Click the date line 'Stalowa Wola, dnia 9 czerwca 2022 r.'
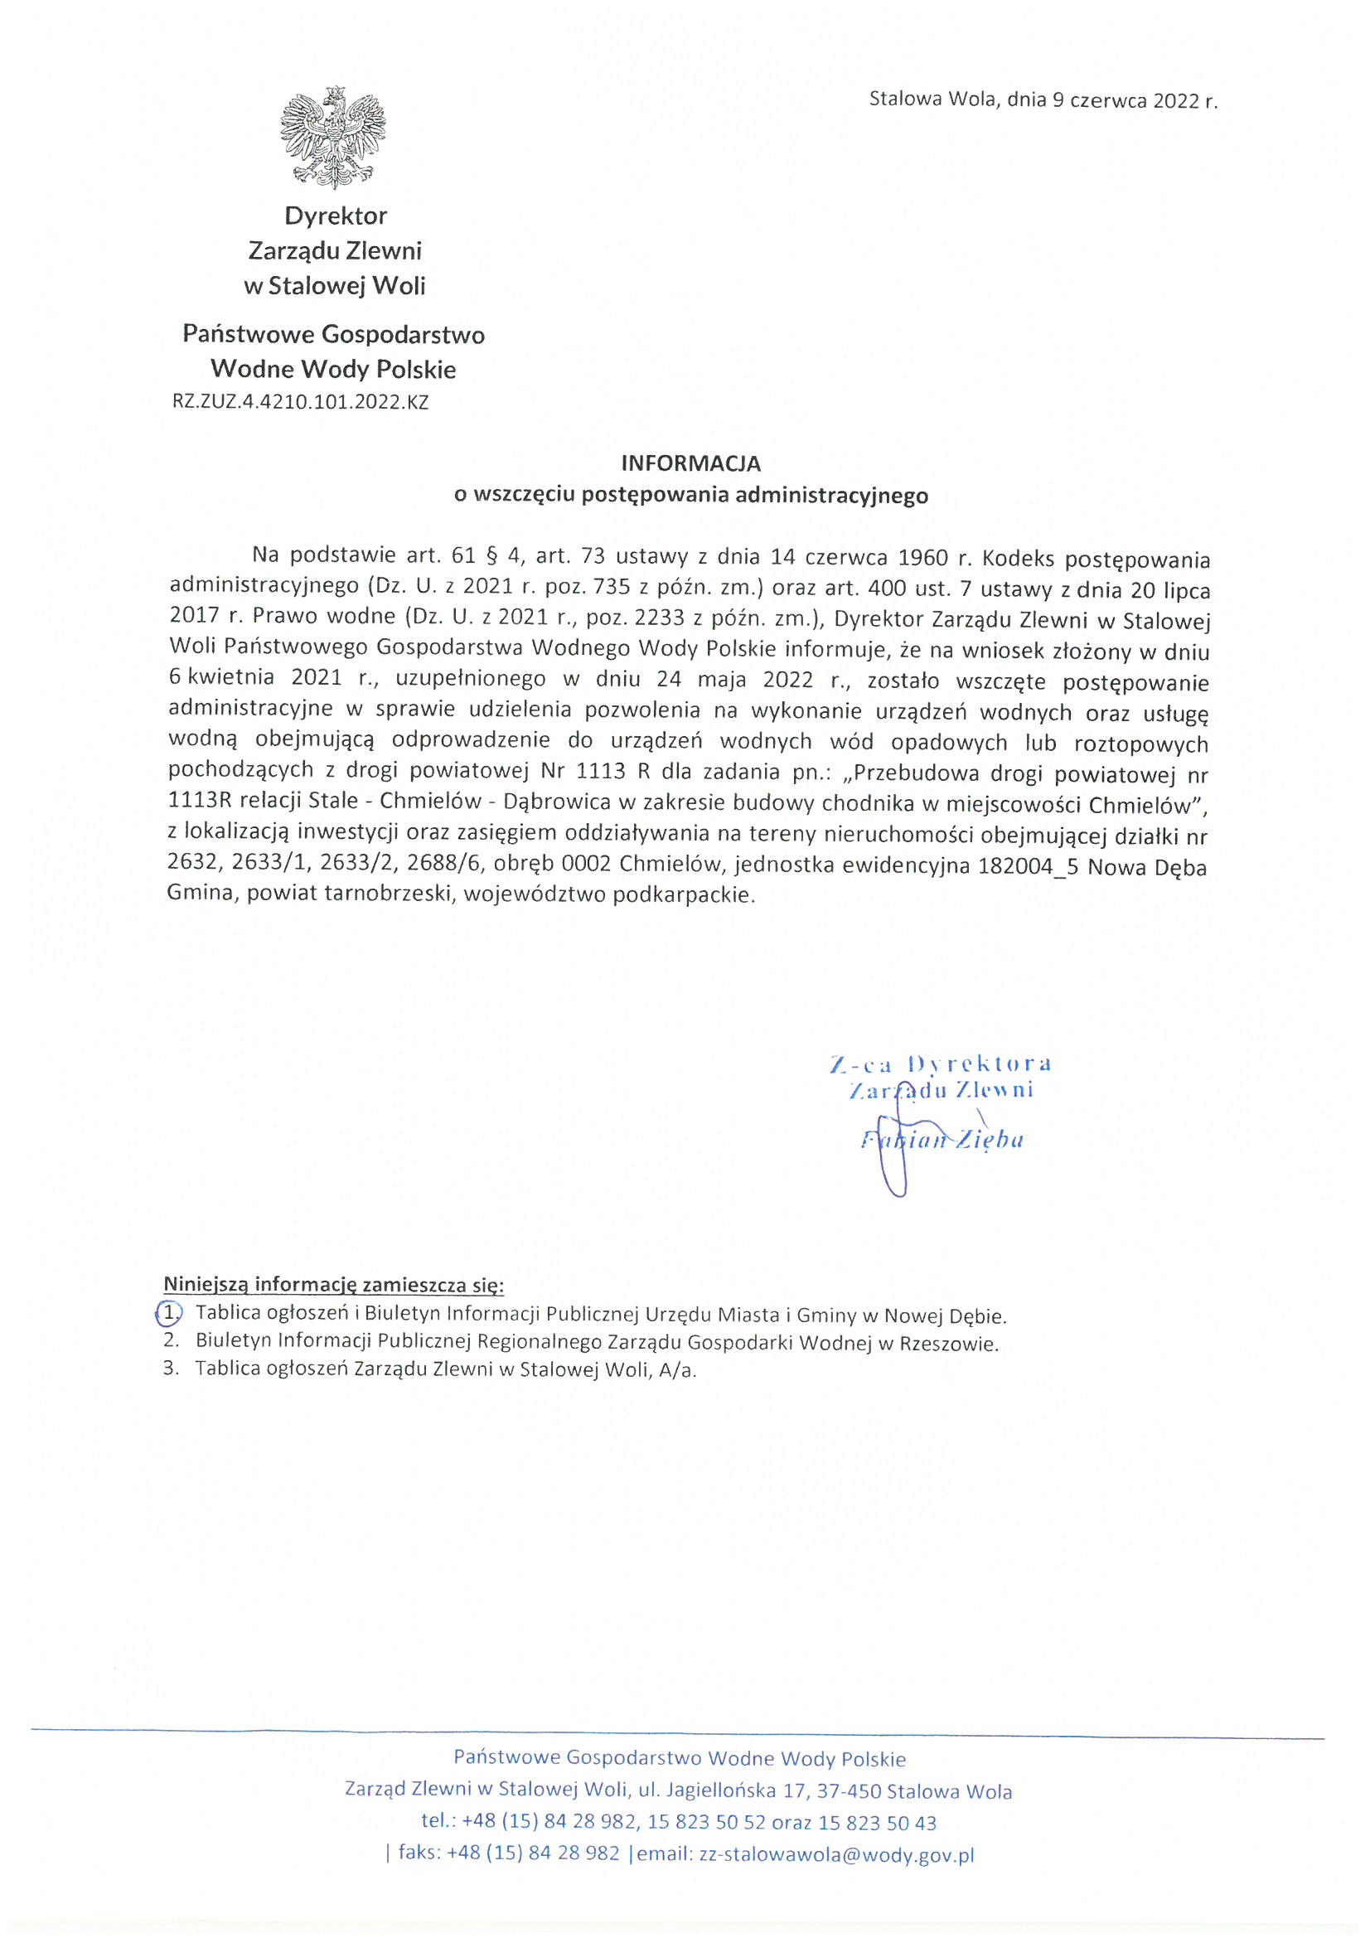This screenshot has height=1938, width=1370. (x=1043, y=100)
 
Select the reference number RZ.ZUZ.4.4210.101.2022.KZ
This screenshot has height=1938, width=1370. (x=301, y=403)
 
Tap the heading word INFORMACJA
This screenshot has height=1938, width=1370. (x=690, y=463)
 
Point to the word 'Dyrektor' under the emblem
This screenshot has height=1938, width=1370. (x=335, y=216)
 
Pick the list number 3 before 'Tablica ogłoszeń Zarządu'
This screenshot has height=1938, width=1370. (x=171, y=1369)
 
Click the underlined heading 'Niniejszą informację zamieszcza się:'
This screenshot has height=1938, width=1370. (x=333, y=1285)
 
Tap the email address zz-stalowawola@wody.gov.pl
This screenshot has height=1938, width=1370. (x=836, y=1854)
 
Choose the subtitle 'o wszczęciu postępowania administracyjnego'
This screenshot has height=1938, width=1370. (x=690, y=495)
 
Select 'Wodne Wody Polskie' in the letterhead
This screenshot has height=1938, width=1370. (x=333, y=370)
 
